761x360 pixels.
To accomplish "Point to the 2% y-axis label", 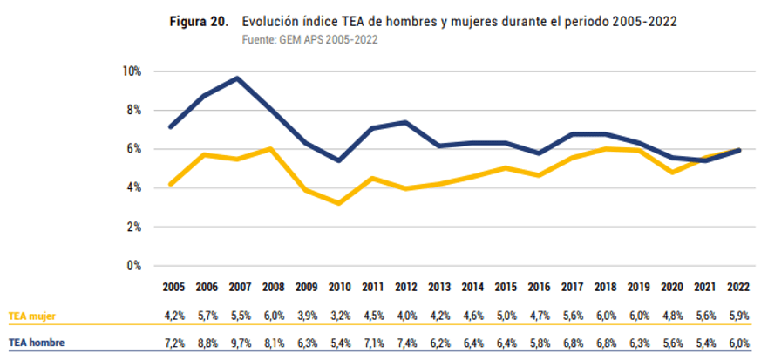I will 132,227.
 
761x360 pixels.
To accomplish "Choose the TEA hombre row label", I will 37,343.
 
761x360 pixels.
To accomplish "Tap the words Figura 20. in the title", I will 199,22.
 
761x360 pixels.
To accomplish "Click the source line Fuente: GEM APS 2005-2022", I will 309,39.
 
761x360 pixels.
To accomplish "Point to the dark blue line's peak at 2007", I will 238,78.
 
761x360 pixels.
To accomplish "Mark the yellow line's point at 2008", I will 271,149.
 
